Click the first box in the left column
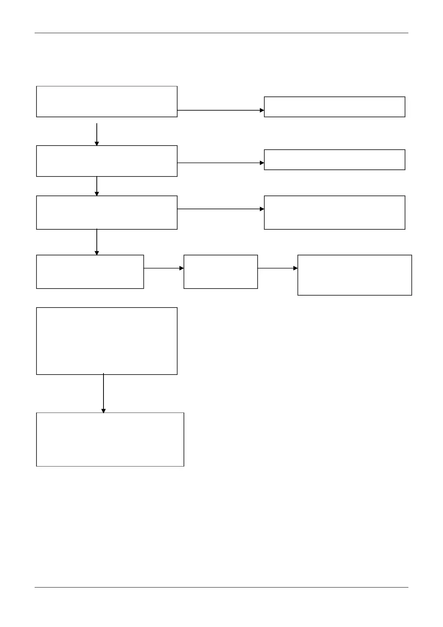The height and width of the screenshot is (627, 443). point(106,102)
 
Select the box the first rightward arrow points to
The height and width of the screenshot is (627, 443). point(334,107)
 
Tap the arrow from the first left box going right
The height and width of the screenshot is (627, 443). point(220,110)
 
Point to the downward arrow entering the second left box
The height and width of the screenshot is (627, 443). point(97,134)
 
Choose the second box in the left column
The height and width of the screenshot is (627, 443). point(106,161)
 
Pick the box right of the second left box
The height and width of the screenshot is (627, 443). point(334,160)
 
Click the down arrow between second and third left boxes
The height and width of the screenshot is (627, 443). point(97,186)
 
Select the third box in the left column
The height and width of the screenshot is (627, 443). point(106,213)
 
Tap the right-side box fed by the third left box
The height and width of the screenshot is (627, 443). point(334,213)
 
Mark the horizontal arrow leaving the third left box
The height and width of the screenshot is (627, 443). point(220,209)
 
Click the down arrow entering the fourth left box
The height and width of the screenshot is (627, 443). point(97,242)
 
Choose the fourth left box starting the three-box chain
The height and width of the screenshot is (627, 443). point(90,272)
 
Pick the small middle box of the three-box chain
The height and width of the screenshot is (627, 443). point(220,272)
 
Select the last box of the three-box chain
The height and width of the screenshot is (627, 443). point(354,275)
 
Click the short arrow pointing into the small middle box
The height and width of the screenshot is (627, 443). point(164,268)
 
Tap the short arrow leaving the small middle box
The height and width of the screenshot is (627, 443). point(277,268)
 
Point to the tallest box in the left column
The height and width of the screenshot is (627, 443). point(106,341)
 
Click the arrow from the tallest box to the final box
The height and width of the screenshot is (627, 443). point(103,393)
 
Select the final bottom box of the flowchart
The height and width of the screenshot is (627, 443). point(110,439)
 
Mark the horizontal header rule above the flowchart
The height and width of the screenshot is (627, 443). point(221,33)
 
